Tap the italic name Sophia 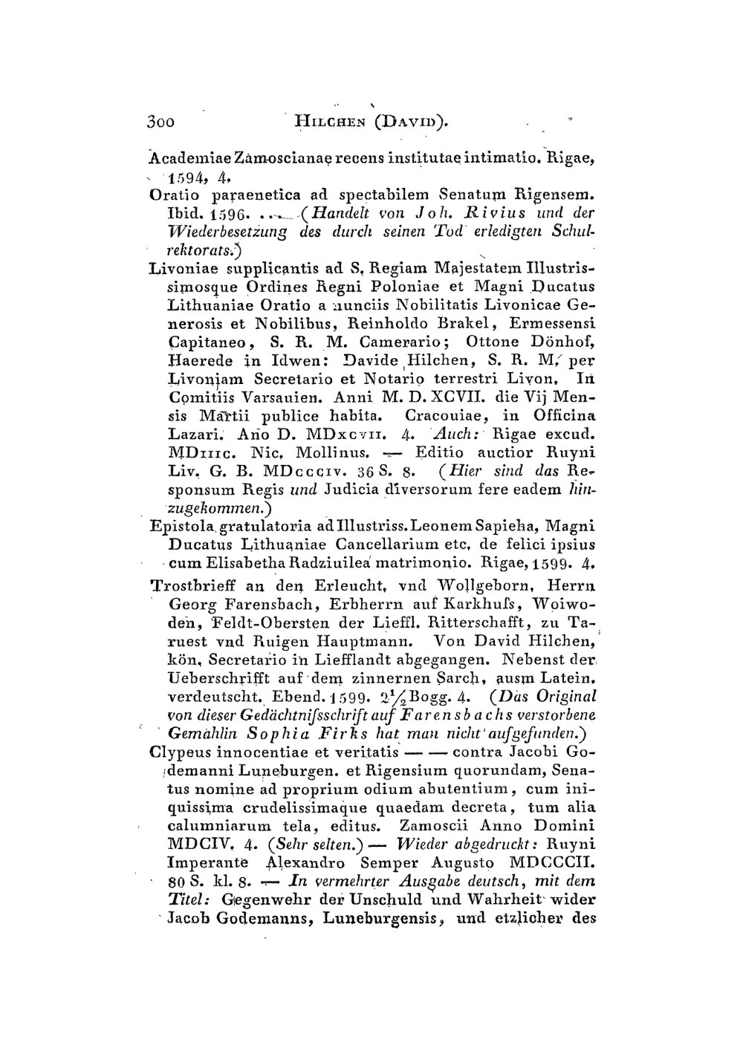(275, 732)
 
